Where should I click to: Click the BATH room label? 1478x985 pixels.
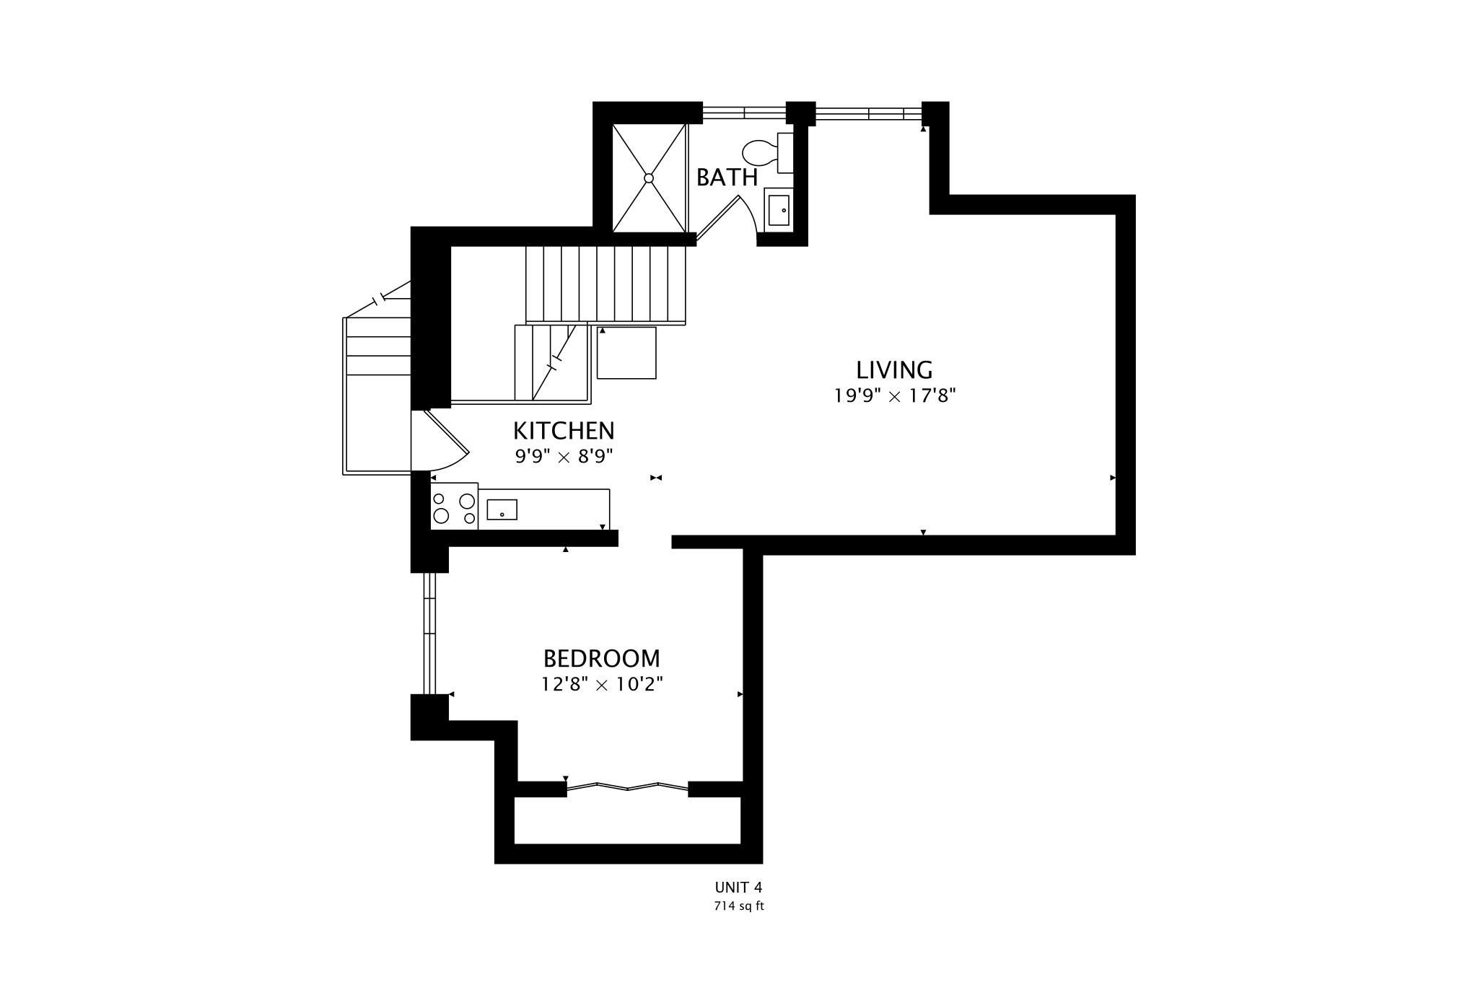pyautogui.click(x=727, y=178)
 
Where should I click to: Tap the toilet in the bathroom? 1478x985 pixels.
pyautogui.click(x=767, y=153)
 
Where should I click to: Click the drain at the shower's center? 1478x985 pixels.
pyautogui.click(x=648, y=178)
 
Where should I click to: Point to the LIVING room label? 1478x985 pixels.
pyautogui.click(x=894, y=370)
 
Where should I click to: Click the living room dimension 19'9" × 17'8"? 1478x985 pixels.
pyautogui.click(x=895, y=396)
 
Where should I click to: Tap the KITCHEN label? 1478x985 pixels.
pyautogui.click(x=564, y=431)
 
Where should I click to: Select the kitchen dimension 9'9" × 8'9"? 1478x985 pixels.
pyautogui.click(x=564, y=457)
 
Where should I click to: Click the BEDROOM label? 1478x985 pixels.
pyautogui.click(x=601, y=659)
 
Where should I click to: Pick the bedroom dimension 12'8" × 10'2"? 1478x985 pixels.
pyautogui.click(x=602, y=684)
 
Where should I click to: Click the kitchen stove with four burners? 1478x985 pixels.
pyautogui.click(x=454, y=507)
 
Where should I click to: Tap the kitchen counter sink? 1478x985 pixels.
pyautogui.click(x=502, y=509)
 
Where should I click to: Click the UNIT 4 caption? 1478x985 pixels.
pyautogui.click(x=738, y=888)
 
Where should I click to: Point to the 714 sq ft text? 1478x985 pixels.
pyautogui.click(x=738, y=906)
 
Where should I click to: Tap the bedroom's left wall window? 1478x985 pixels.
pyautogui.click(x=430, y=634)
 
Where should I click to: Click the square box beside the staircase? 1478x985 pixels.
pyautogui.click(x=626, y=353)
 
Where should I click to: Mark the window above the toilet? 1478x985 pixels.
pyautogui.click(x=744, y=113)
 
